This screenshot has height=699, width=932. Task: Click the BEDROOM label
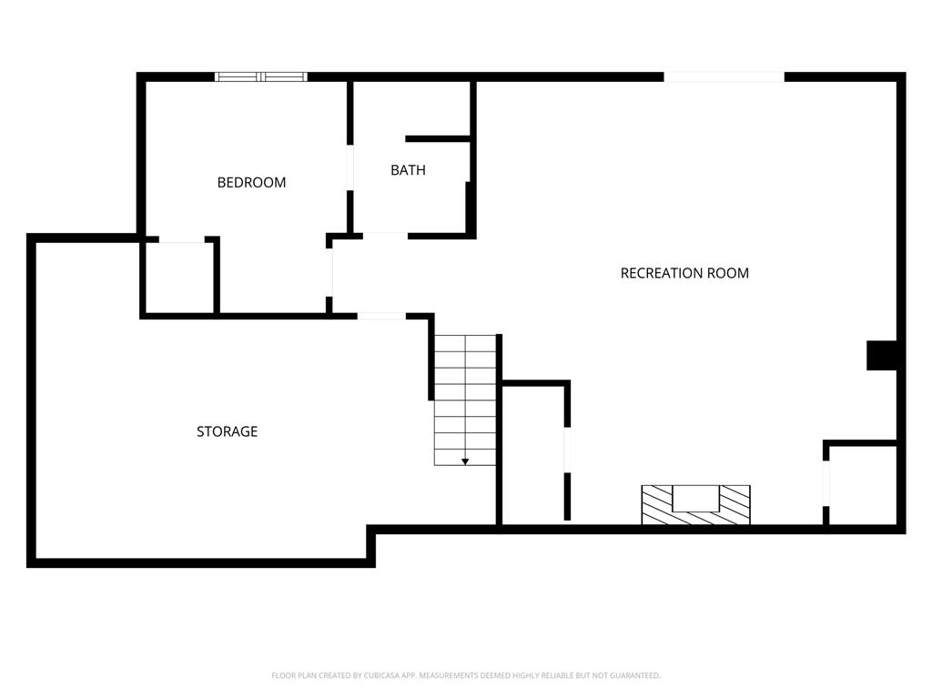(x=251, y=182)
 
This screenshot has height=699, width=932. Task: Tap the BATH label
(x=408, y=170)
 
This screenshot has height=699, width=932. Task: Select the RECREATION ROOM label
(x=684, y=273)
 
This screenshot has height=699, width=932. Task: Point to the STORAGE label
(x=227, y=431)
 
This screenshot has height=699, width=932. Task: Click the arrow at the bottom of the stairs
(x=465, y=461)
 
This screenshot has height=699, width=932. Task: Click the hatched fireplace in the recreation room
(x=695, y=504)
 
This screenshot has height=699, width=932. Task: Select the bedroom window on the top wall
(x=261, y=77)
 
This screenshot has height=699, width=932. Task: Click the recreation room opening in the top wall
(x=724, y=77)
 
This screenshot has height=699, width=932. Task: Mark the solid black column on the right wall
(x=882, y=355)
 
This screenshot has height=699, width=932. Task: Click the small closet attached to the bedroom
(x=179, y=278)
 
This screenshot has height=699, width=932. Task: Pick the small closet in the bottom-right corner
(x=863, y=485)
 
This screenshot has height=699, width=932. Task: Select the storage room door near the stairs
(x=380, y=316)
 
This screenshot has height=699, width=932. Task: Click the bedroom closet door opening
(x=181, y=240)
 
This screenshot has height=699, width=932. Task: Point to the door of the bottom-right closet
(x=826, y=482)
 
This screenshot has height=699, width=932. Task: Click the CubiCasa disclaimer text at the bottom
(x=466, y=675)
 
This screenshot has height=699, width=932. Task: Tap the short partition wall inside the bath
(x=437, y=139)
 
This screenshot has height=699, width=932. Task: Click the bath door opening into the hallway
(x=385, y=235)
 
